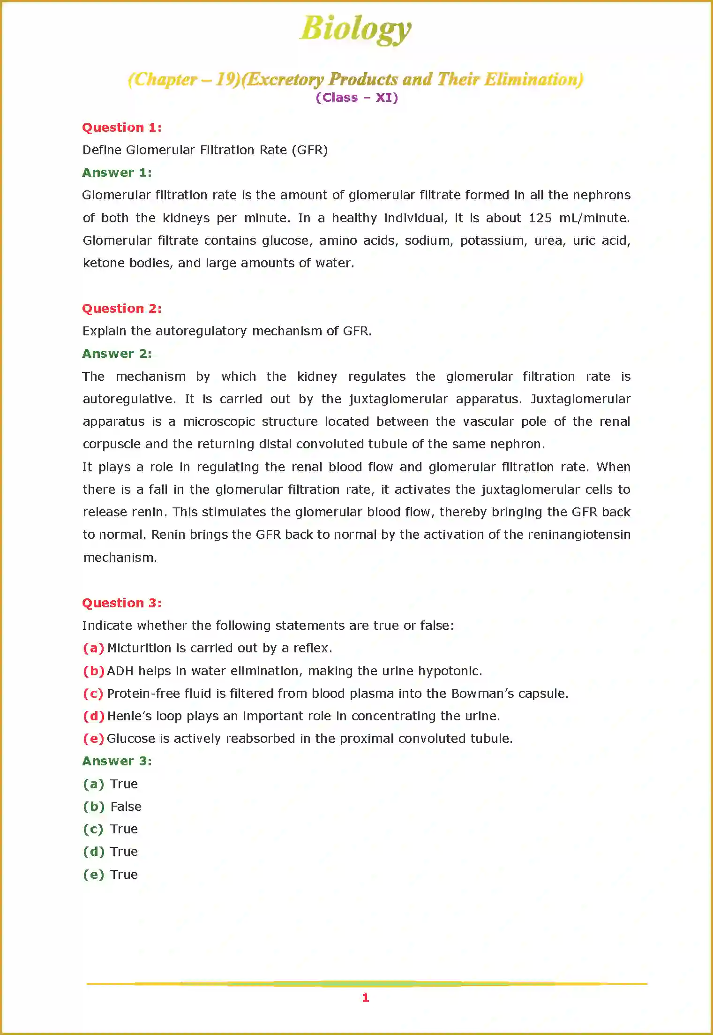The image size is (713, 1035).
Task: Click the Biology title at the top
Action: pos(355,29)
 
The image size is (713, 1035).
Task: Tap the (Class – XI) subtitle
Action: pos(357,98)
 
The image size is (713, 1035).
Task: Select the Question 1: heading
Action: pos(122,128)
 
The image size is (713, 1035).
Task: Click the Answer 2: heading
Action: pos(117,354)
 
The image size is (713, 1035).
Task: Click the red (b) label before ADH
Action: pos(94,671)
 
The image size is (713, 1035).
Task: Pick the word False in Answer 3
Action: pos(126,807)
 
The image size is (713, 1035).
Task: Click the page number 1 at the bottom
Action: pos(366,997)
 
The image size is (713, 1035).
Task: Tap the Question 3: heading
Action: pos(122,603)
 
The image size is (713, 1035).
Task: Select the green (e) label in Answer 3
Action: pos(94,875)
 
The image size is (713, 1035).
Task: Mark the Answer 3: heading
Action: pos(117,761)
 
